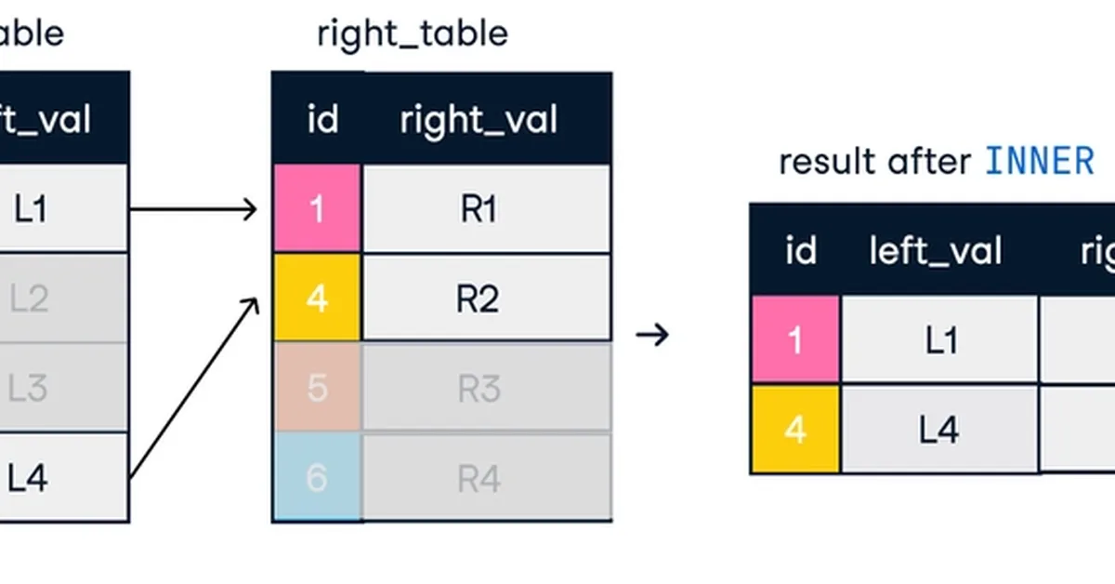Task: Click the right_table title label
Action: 412,34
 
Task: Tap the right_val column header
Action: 479,120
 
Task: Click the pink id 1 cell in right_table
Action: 317,209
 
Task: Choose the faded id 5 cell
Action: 317,388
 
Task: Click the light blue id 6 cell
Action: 317,478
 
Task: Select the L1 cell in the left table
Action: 37,209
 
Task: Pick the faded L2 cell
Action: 37,299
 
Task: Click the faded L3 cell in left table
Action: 37,388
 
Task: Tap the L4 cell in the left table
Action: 37,478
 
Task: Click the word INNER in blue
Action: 1039,162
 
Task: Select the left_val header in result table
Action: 936,250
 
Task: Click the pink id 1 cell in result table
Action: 795,340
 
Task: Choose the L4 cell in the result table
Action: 939,430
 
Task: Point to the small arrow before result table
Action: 652,334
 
